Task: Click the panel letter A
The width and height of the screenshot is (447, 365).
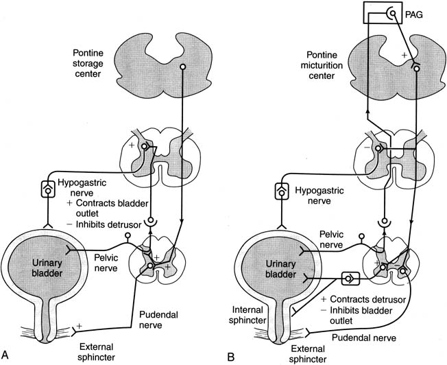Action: (7, 355)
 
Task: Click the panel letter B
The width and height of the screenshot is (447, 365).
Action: (232, 355)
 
